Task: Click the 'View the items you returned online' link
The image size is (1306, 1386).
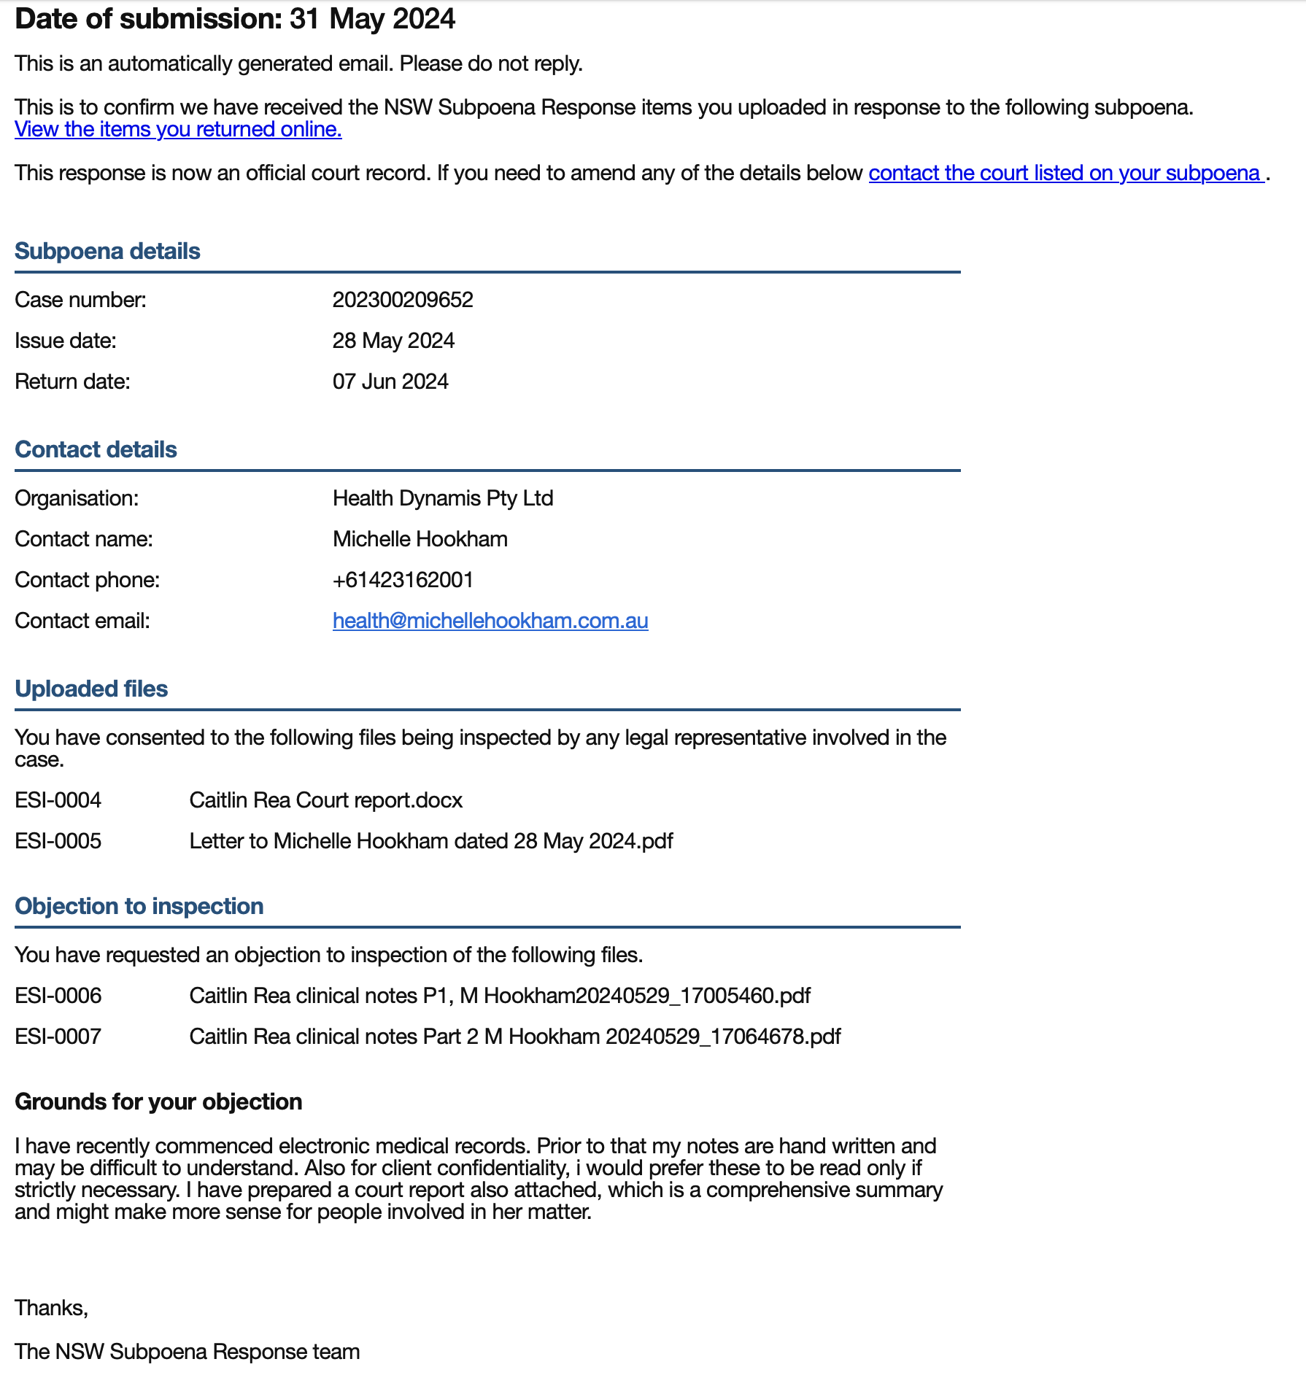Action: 178,130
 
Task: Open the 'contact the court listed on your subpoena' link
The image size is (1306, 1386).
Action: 1065,174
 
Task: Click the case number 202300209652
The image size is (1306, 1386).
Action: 403,300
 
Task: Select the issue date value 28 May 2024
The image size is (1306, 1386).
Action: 393,341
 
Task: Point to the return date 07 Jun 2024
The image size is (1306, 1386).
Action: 390,382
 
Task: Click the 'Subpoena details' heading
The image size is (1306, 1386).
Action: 107,251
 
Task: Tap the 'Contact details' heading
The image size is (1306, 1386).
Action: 96,449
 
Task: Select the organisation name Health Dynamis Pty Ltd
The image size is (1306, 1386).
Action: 443,498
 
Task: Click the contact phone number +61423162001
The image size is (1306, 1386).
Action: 403,580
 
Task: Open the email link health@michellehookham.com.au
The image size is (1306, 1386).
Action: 490,621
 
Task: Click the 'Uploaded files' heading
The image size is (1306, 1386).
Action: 91,689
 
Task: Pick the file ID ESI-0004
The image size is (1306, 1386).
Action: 58,800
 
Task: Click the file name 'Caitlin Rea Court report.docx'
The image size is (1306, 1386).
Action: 326,800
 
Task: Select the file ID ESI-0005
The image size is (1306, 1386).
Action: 58,841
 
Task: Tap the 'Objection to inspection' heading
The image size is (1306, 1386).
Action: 139,906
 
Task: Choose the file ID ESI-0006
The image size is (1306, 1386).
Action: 58,996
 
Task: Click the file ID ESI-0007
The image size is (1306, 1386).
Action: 58,1037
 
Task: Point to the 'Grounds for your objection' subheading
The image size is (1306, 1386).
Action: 158,1102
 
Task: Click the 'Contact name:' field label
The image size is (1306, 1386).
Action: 84,539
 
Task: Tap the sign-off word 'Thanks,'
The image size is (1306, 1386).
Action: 51,1308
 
